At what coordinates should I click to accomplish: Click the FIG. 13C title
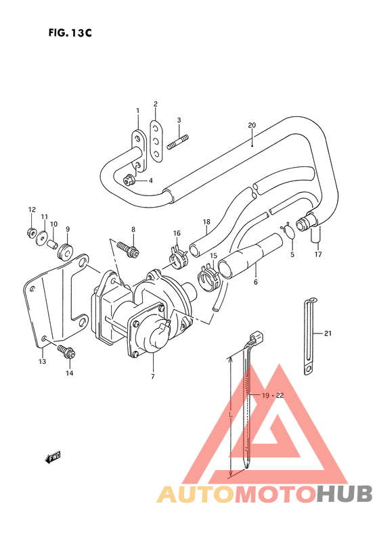click(x=70, y=32)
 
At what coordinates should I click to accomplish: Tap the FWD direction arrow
click(x=53, y=457)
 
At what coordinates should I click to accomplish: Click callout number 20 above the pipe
click(x=252, y=125)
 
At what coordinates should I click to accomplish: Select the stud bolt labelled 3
click(x=178, y=142)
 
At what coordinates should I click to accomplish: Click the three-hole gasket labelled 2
click(x=156, y=141)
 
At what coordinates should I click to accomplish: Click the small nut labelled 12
click(x=31, y=232)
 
